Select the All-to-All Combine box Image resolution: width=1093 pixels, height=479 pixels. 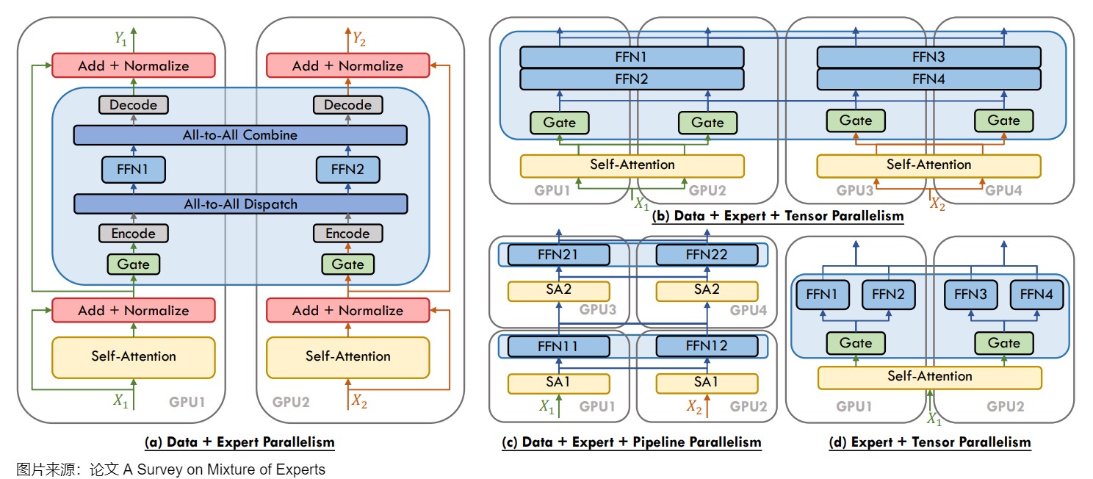[x=240, y=135]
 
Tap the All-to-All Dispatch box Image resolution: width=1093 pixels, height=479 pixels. [x=240, y=204]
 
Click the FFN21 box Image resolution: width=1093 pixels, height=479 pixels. [x=559, y=255]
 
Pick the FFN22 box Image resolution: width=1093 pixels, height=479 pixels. [x=707, y=255]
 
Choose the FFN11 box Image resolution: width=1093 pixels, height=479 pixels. [x=559, y=346]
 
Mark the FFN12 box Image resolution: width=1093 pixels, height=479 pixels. [x=707, y=346]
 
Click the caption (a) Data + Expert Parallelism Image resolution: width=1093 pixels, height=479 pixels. [x=240, y=442]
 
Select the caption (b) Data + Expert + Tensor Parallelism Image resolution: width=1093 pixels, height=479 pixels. [x=778, y=216]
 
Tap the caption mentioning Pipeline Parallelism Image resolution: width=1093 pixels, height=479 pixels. [x=631, y=442]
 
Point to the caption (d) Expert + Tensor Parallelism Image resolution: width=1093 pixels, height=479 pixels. [x=930, y=442]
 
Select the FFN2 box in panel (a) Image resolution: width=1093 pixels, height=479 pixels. [x=347, y=170]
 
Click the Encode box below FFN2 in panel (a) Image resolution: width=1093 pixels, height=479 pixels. [x=347, y=234]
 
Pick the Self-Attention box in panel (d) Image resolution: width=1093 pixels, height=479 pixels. [x=929, y=377]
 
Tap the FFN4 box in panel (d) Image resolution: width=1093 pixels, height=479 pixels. [x=1036, y=295]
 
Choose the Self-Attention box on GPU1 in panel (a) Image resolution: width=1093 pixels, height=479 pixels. [x=133, y=357]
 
